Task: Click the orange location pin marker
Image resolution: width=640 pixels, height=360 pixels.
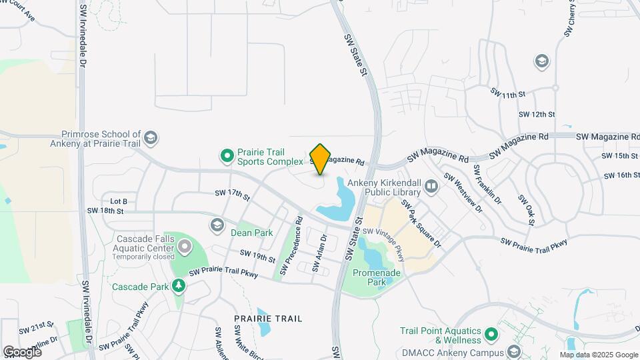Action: click(x=320, y=159)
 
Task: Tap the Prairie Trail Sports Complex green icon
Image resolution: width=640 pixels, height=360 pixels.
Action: click(x=227, y=156)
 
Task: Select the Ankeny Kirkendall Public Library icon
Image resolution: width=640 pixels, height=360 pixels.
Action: click(x=431, y=186)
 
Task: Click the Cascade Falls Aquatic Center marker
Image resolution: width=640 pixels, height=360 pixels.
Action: click(x=184, y=248)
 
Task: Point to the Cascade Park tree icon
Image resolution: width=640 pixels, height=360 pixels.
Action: click(x=178, y=287)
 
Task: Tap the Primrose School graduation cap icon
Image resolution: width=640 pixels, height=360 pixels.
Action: click(x=151, y=138)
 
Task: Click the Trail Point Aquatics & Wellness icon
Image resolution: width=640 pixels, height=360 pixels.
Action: click(x=491, y=333)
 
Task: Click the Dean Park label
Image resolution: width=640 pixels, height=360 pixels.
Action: click(x=251, y=233)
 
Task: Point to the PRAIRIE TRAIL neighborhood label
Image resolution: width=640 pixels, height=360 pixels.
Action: click(x=269, y=319)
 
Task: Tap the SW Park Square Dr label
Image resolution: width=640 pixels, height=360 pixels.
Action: click(x=421, y=224)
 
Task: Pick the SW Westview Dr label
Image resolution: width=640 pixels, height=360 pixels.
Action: click(x=463, y=194)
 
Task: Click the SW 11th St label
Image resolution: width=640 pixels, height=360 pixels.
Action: click(x=508, y=95)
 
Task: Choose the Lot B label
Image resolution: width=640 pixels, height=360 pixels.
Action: click(x=119, y=201)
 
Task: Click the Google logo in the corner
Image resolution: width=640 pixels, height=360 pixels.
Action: click(x=22, y=351)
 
